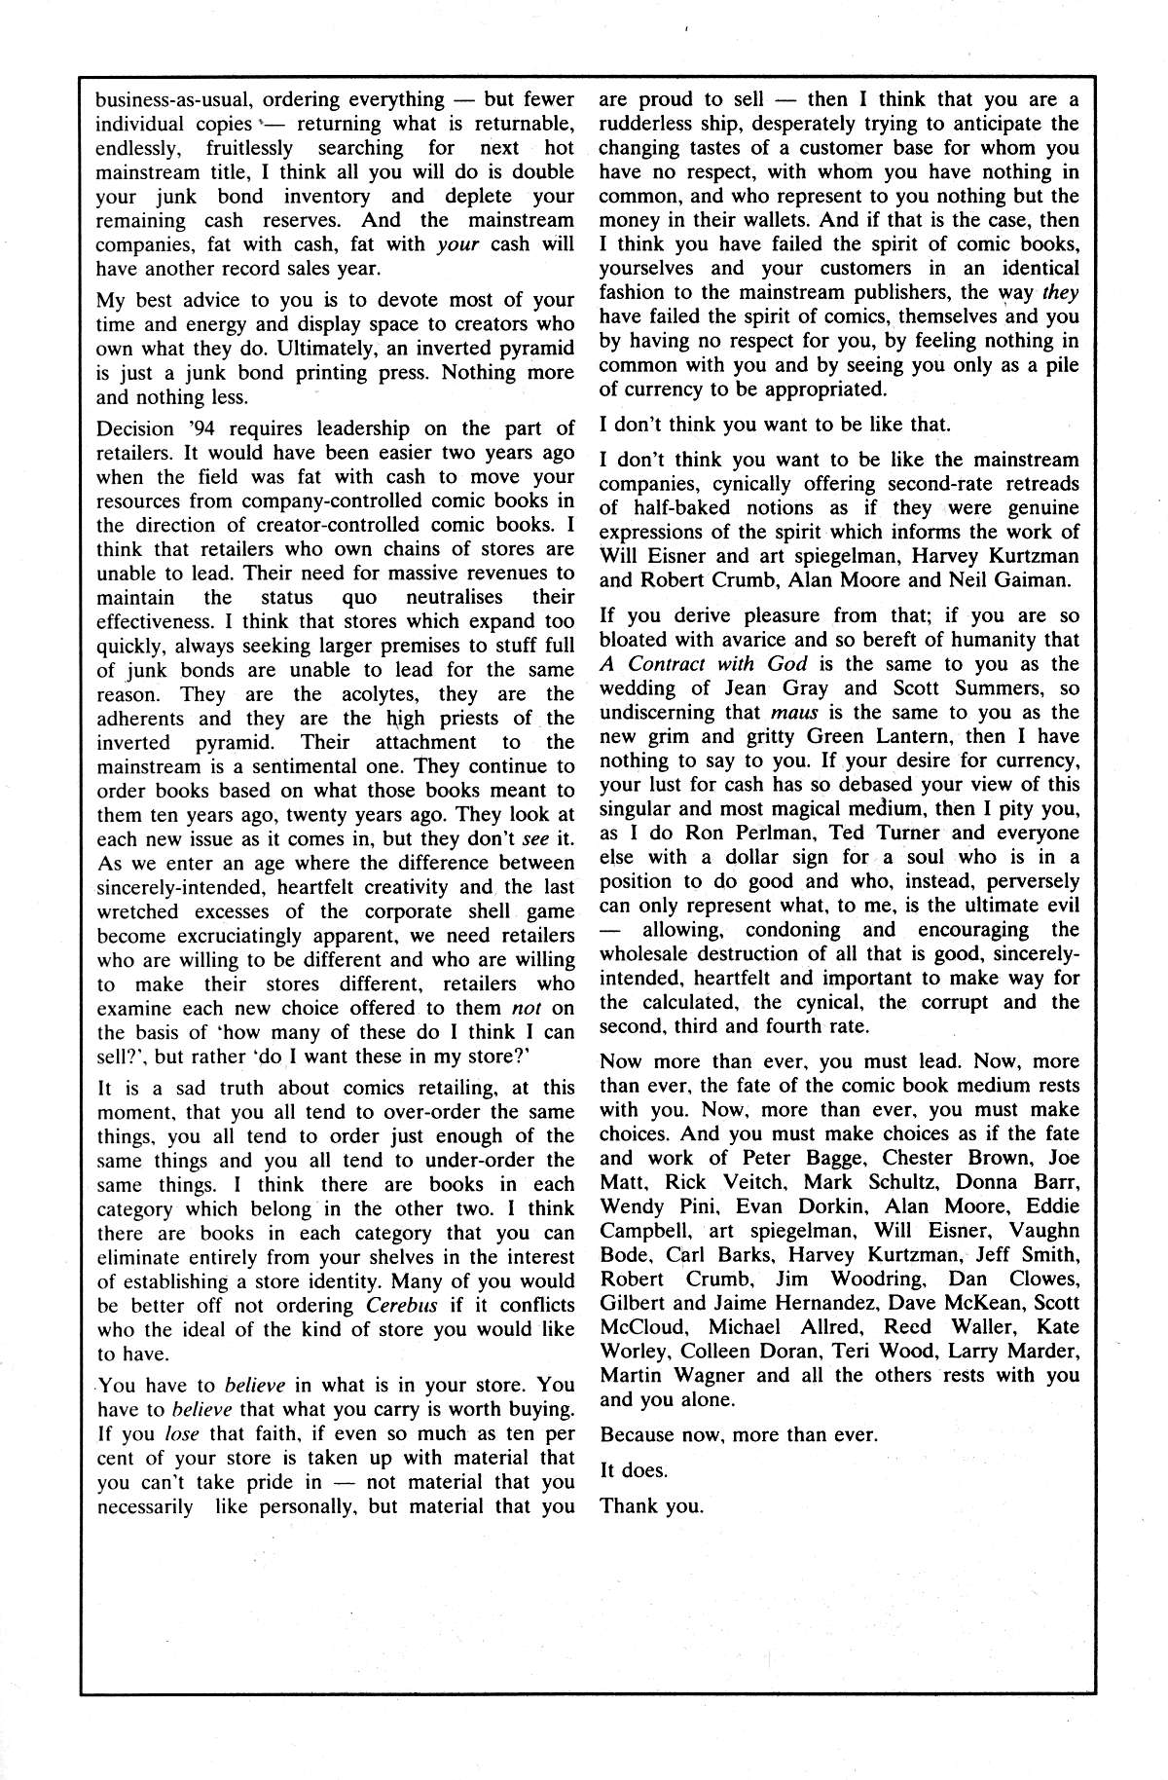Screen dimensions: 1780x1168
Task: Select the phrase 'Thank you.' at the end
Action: point(651,1505)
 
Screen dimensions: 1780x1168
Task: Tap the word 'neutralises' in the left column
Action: point(454,597)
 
